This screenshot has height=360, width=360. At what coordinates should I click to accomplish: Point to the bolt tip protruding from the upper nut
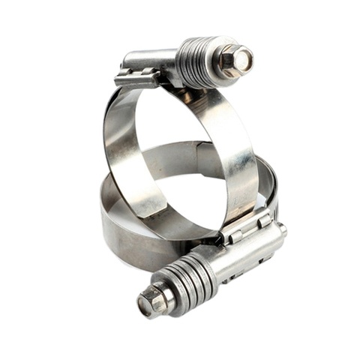244,58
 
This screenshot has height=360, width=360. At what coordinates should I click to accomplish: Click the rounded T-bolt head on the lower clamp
282,228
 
